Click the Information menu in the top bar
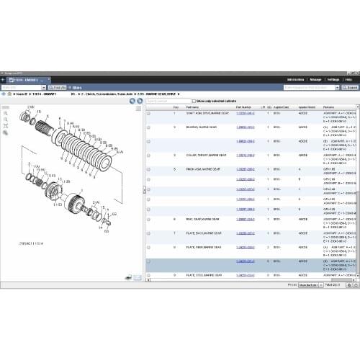click(x=295, y=78)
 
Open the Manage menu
click(x=315, y=78)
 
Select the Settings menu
click(x=333, y=78)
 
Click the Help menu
click(x=349, y=78)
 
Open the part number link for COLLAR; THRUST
click(x=246, y=154)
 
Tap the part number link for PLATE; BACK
click(x=246, y=233)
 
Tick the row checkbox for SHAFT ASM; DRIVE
click(x=148, y=114)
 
